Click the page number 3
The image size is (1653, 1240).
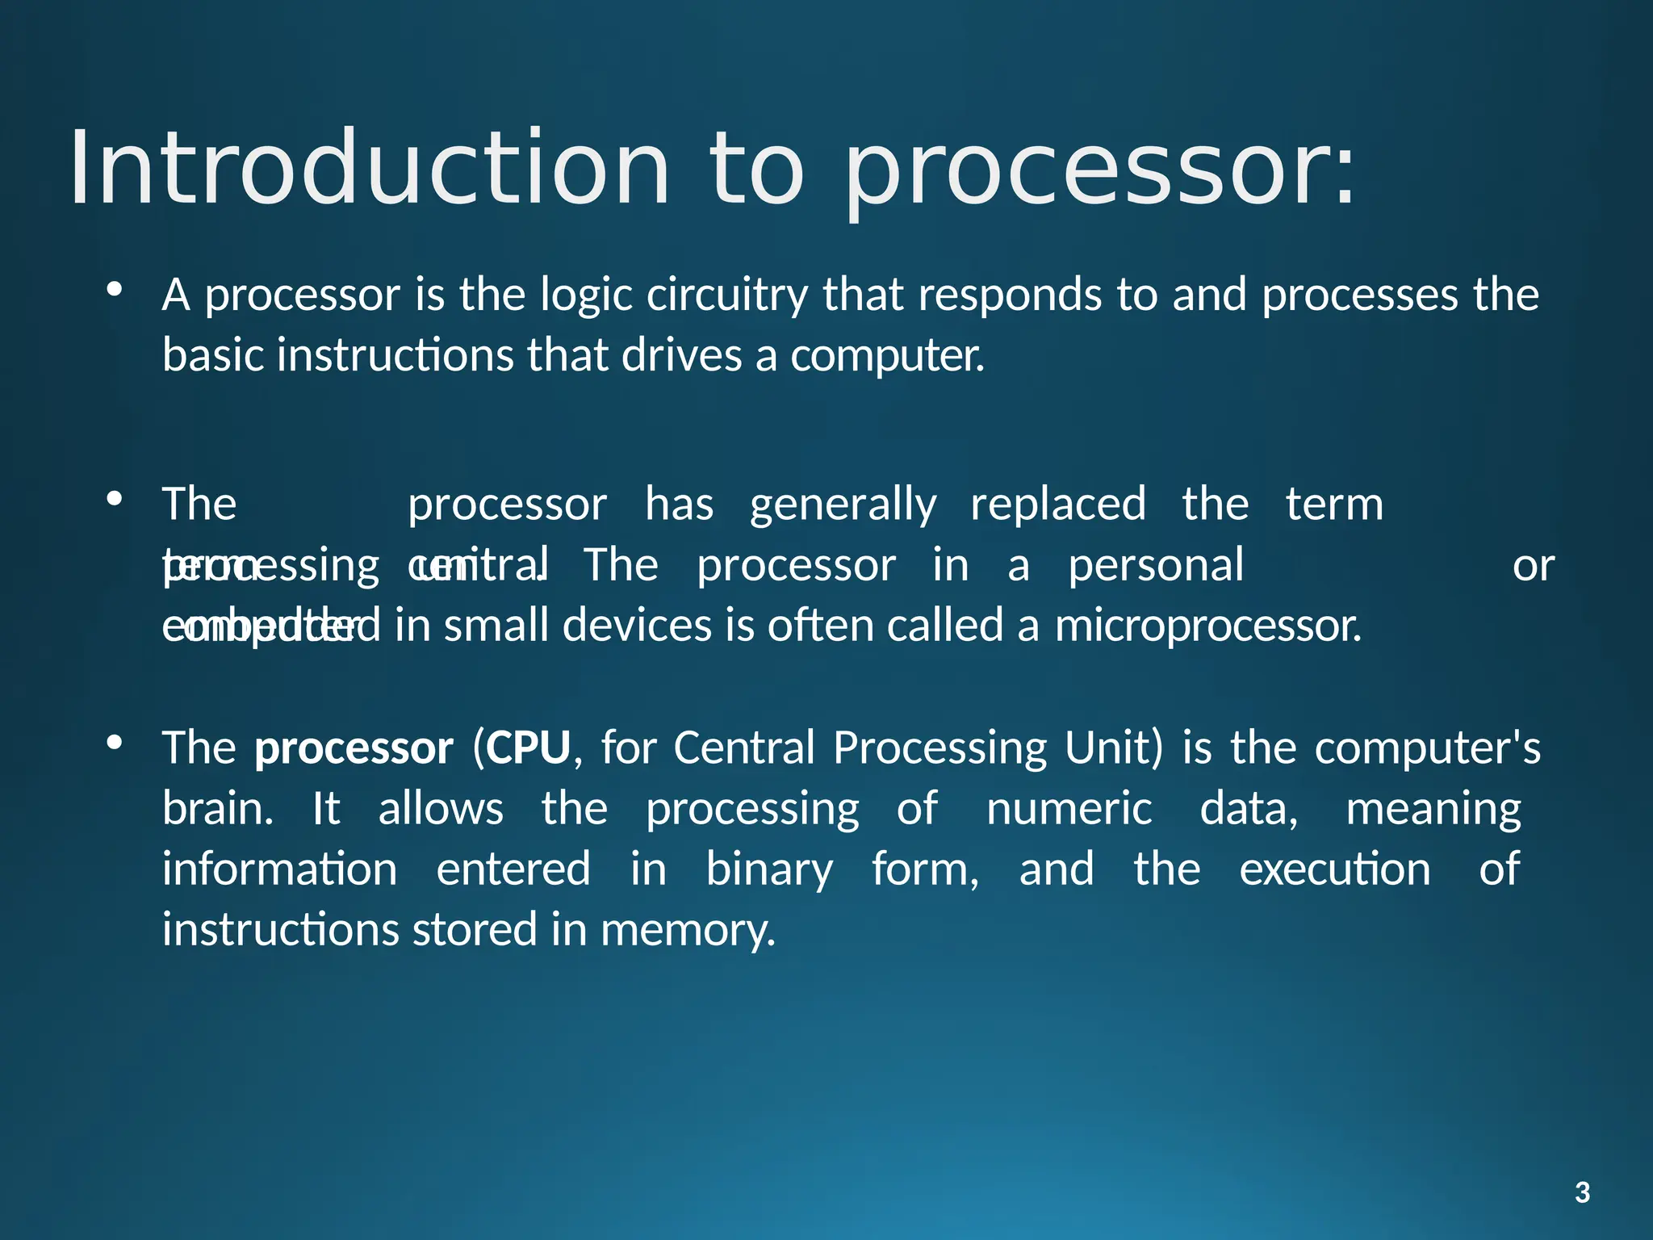(1582, 1192)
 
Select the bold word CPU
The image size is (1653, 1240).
(529, 748)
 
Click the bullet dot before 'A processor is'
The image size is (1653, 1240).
(115, 288)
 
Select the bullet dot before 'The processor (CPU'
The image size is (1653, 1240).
(115, 741)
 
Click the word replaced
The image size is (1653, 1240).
(1057, 505)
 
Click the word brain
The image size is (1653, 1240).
(217, 809)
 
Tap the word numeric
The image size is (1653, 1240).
(1069, 809)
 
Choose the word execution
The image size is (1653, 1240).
(1334, 870)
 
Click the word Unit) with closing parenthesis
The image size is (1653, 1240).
(1114, 748)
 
